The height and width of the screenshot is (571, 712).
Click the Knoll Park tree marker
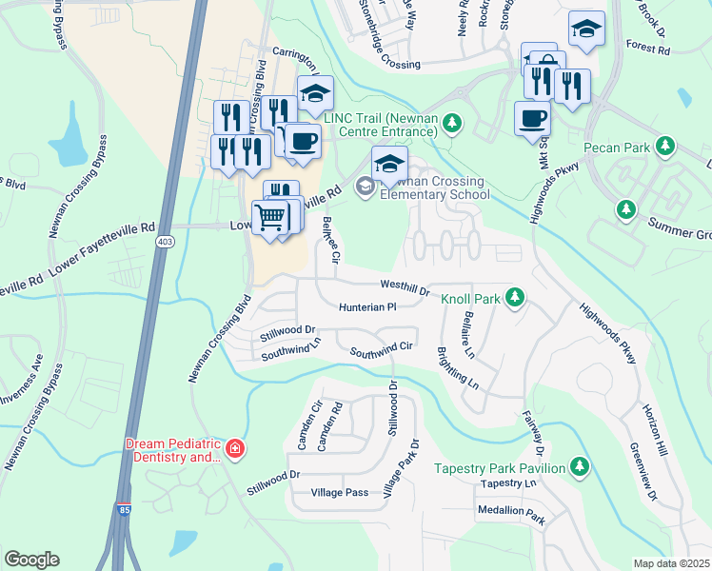(x=515, y=298)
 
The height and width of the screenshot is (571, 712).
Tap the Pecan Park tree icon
(x=666, y=147)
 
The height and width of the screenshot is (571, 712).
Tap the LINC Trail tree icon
(x=453, y=123)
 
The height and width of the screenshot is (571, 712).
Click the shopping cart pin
(x=270, y=218)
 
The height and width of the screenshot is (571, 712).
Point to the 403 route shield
(x=165, y=242)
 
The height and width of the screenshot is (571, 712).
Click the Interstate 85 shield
(x=122, y=510)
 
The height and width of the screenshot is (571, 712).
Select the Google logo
(x=31, y=559)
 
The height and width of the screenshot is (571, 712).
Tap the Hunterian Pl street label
(x=367, y=307)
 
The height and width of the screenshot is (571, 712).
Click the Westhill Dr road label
(x=405, y=285)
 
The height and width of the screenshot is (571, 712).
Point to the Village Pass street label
(x=339, y=493)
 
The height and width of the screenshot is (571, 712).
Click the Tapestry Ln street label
(x=509, y=483)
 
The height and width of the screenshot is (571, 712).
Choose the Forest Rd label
(x=650, y=45)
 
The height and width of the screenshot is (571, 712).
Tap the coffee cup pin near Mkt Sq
(x=532, y=120)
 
